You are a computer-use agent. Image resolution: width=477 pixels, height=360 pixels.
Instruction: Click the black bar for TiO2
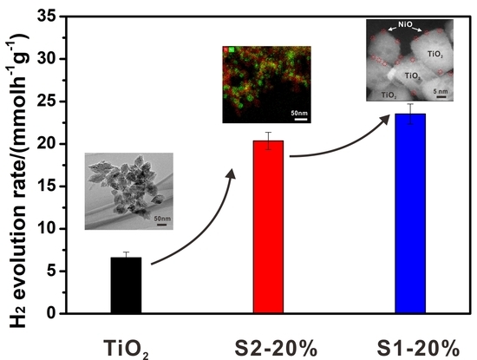126,285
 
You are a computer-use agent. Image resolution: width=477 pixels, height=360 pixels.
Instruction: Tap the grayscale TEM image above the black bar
128,191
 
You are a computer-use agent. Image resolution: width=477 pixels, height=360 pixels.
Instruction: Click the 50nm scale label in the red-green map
299,114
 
